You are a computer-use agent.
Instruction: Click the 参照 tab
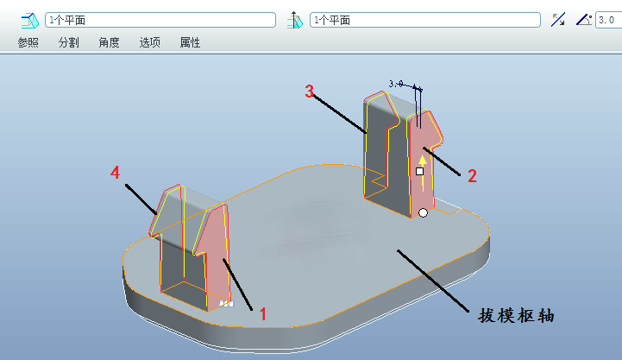(x=28, y=42)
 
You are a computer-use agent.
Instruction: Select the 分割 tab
(x=69, y=42)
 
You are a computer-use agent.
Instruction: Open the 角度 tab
(x=110, y=42)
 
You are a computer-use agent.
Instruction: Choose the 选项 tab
(x=150, y=42)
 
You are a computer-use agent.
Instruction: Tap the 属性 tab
(x=191, y=42)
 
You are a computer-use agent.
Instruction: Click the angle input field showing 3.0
(x=607, y=19)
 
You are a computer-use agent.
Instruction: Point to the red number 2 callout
(x=472, y=175)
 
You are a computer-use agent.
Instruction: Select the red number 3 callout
(x=310, y=92)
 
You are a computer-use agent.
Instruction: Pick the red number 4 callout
(x=115, y=174)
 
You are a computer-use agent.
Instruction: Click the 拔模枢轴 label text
(x=515, y=315)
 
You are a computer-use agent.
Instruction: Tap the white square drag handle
(x=419, y=172)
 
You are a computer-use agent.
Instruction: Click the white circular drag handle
(x=423, y=212)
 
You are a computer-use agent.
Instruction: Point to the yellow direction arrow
(x=423, y=160)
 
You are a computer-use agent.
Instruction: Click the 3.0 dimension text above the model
(x=397, y=84)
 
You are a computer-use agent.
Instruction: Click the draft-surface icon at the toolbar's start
(x=31, y=19)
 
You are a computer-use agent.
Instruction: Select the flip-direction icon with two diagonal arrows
(x=558, y=19)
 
